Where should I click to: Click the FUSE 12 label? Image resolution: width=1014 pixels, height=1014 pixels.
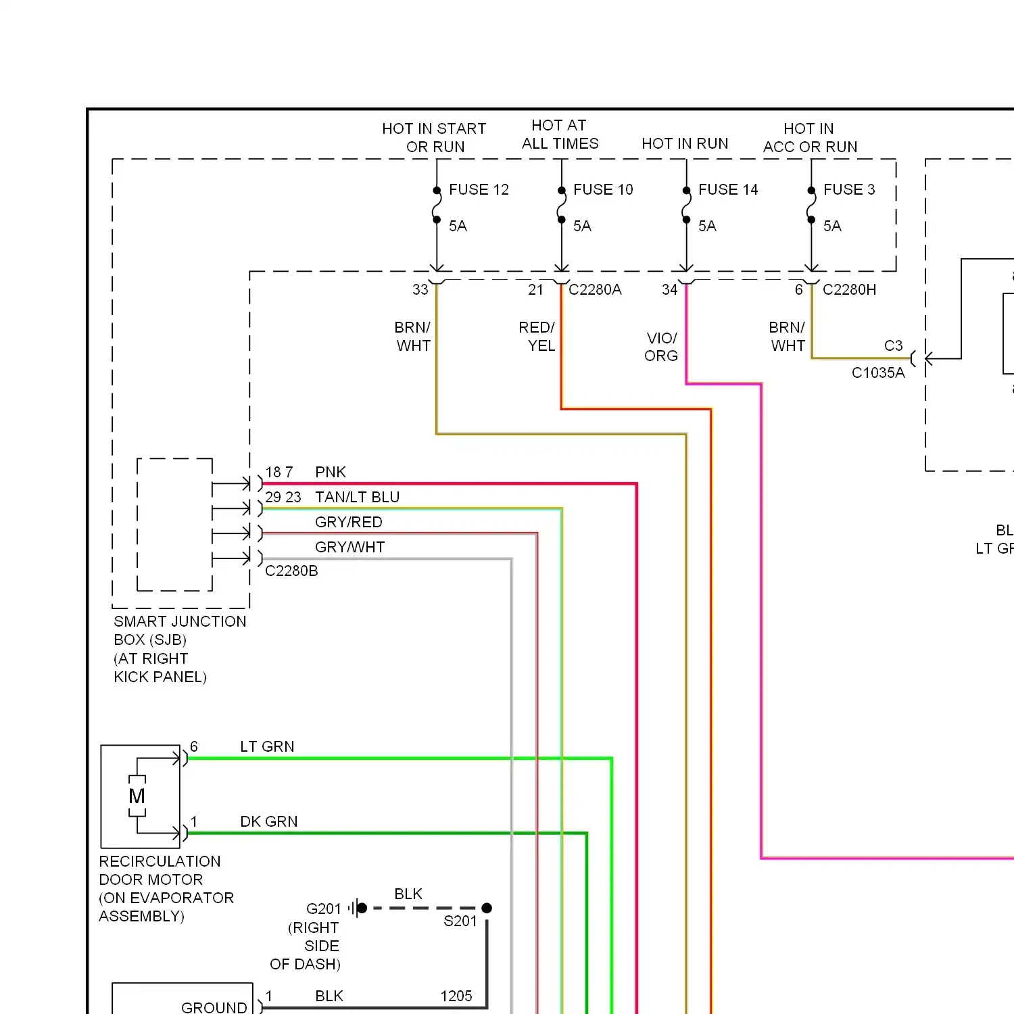pos(479,190)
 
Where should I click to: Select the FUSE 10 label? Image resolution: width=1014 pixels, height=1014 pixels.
pos(603,190)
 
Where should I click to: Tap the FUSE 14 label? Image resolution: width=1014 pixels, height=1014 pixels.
pos(728,190)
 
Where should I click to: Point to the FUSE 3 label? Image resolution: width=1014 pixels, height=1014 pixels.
pos(849,190)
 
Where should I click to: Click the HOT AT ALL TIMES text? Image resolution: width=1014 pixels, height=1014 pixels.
pos(560,135)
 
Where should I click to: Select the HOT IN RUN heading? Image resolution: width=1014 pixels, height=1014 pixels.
pos(685,143)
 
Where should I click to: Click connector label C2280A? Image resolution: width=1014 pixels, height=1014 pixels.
pos(595,290)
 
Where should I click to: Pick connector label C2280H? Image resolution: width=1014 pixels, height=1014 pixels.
pos(849,290)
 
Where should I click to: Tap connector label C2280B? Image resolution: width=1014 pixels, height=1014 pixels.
pos(291,571)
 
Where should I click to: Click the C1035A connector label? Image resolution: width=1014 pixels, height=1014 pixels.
pos(878,373)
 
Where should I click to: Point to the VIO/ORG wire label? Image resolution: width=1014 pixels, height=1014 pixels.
pos(661,347)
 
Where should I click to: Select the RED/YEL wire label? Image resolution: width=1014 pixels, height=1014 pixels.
pos(537,337)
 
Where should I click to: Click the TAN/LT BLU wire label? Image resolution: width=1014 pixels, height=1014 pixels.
pos(357,498)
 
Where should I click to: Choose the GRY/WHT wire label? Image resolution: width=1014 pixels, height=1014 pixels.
pos(349,548)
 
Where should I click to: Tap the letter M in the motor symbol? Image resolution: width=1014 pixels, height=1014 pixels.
pos(137,796)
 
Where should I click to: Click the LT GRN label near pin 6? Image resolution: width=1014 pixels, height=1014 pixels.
pos(267,747)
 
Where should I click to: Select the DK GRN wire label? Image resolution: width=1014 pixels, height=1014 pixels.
pos(268,822)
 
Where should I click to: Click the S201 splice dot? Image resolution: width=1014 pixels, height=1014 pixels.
pos(487,908)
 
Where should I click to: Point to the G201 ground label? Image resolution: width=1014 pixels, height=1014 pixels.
pos(324,909)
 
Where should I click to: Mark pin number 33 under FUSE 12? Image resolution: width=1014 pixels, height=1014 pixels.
pos(420,290)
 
